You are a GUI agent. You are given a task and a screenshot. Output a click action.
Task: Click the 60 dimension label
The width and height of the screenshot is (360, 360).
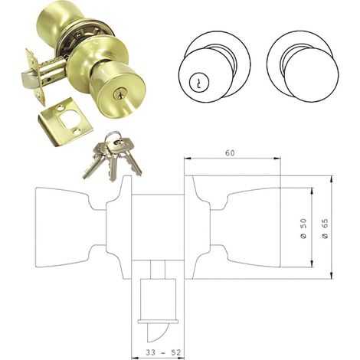(x=230, y=152)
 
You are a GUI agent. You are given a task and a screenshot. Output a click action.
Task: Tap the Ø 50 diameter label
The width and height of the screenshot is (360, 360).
(x=303, y=228)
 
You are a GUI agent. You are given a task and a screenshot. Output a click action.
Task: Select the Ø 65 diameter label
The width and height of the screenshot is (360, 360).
(x=325, y=228)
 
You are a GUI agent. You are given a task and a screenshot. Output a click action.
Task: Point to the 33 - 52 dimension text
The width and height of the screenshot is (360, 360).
(x=163, y=352)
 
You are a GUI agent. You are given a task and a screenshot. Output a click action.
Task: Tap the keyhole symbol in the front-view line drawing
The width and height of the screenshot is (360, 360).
(x=198, y=82)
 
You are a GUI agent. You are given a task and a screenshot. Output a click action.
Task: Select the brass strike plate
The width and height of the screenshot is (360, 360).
(x=66, y=121)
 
